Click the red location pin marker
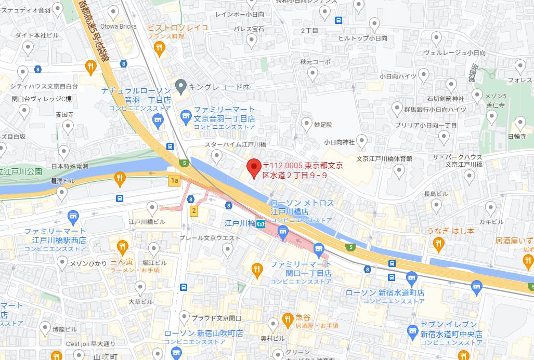pyautogui.click(x=253, y=167)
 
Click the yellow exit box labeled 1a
pyautogui.click(x=174, y=180)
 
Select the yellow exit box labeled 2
pyautogui.click(x=193, y=210)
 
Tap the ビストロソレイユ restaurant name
pyautogui.click(x=178, y=27)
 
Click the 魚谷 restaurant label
pyautogui.click(x=303, y=317)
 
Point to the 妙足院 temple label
pyautogui.click(x=323, y=125)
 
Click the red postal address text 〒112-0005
pyautogui.click(x=283, y=165)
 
